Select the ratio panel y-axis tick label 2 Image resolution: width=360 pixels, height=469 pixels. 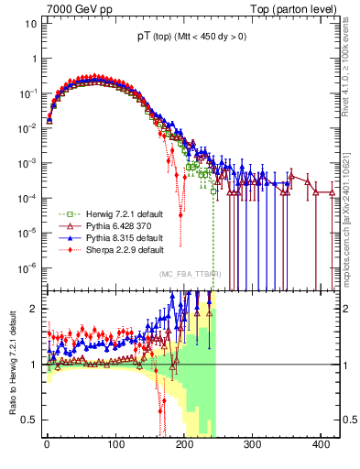pyautogui.click(x=29, y=309)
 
